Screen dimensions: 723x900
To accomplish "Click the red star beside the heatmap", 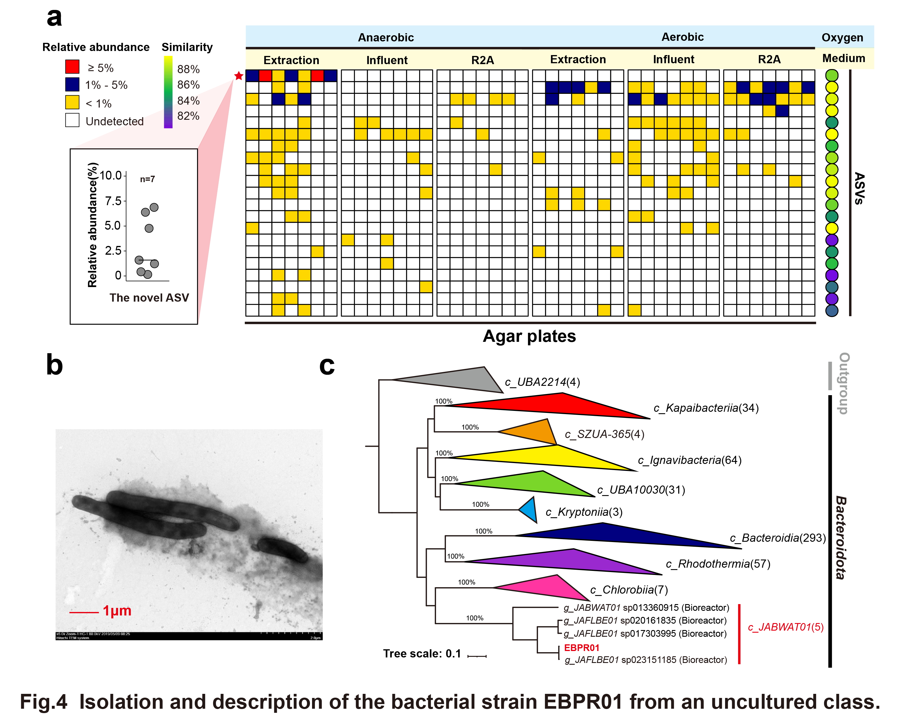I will (238, 76).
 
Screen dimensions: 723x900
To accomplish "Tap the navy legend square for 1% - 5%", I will (72, 85).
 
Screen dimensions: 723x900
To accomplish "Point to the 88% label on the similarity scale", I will (188, 69).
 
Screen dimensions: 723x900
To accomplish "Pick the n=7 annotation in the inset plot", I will (147, 179).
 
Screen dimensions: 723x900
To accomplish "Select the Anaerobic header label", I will (386, 38).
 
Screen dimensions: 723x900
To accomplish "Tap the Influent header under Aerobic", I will (673, 59).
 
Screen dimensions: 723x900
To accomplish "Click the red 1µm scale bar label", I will (117, 611).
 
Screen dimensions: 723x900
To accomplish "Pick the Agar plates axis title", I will (529, 336).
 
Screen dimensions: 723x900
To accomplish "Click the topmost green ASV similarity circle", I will (832, 75).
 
